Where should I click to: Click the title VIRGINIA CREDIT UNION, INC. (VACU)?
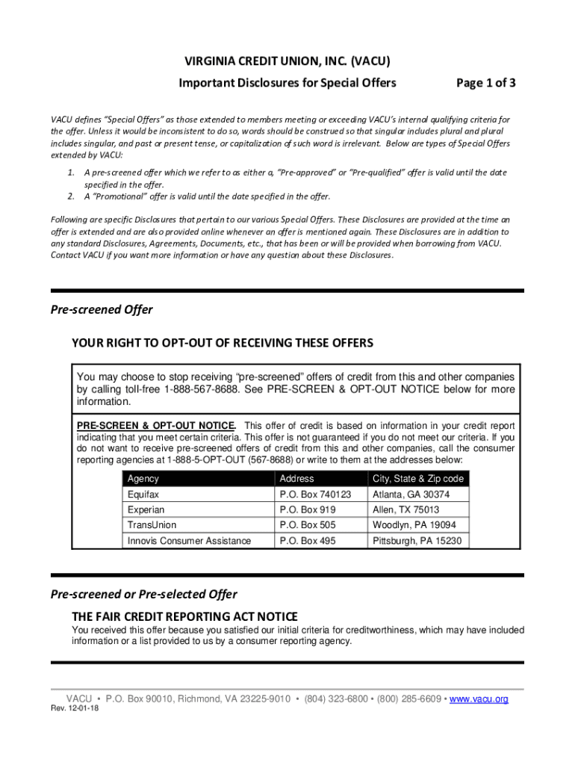287,61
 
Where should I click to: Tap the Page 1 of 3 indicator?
486,83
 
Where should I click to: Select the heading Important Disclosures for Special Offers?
287,83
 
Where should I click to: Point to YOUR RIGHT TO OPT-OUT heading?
222,343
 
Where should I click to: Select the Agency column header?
143,478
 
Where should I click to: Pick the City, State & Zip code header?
417,478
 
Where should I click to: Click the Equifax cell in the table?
143,495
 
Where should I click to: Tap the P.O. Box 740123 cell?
314,495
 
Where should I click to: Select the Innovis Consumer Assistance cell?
189,541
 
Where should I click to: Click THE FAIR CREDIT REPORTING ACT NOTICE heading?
184,616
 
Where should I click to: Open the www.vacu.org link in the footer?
479,699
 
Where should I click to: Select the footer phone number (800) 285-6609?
408,699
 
